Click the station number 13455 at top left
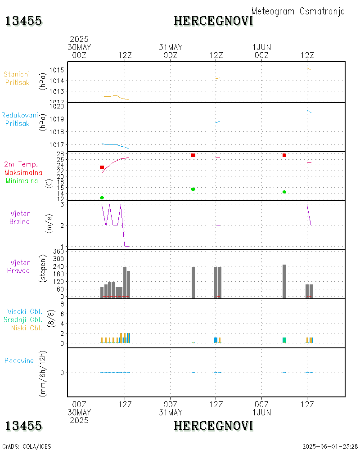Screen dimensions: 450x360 coord(24,21)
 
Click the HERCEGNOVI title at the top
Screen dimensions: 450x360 coord(213,21)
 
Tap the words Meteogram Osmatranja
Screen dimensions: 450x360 coord(298,11)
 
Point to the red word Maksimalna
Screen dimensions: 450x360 coord(23,172)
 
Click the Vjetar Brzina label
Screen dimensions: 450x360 coord(20,217)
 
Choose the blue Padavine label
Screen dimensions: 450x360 coord(19,360)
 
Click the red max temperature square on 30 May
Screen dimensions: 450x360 coord(102,167)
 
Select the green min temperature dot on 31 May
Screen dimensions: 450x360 coord(193,189)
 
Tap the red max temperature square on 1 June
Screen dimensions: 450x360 coord(284,155)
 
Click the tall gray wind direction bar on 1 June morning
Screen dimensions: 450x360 coord(284,281)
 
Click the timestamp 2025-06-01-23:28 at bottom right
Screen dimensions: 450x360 coord(330,446)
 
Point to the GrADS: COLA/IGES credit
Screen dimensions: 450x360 coord(27,446)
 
